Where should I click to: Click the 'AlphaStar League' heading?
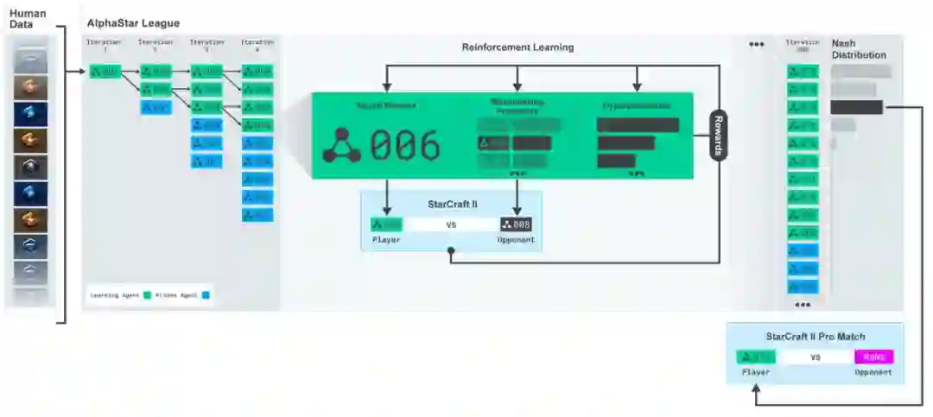[x=133, y=23]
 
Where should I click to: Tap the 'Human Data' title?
[x=28, y=18]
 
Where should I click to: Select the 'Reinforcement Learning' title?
[x=517, y=47]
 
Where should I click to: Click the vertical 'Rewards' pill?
[x=718, y=136]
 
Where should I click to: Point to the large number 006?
[x=405, y=145]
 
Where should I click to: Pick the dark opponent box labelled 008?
[x=516, y=224]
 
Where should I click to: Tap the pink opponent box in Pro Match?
[x=874, y=357]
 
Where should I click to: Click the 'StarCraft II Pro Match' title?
[x=815, y=336]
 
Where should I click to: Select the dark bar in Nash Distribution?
[x=856, y=108]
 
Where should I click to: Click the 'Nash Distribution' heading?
[x=858, y=49]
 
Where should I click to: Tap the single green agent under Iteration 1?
[x=105, y=71]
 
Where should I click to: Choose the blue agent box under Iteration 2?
[x=155, y=108]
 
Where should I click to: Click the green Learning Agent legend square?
[x=147, y=295]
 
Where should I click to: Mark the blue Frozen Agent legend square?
[x=206, y=295]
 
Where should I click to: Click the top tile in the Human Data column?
[x=30, y=58]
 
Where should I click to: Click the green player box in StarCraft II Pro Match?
[x=755, y=357]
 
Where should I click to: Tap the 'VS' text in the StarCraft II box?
[x=450, y=224]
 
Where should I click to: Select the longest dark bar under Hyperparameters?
[x=638, y=125]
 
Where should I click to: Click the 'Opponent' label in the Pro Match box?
[x=874, y=373]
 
